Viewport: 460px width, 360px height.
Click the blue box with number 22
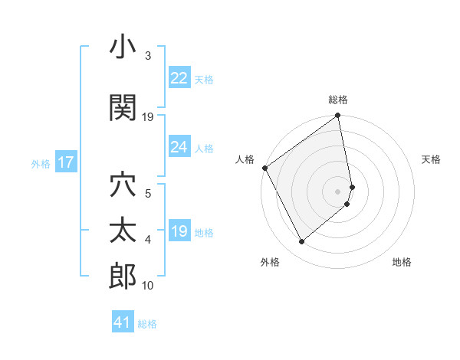(179, 78)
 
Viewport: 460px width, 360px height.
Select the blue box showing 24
(179, 147)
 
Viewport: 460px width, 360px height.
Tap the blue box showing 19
(179, 231)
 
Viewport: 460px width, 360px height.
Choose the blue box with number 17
(65, 162)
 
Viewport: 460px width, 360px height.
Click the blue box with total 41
(123, 322)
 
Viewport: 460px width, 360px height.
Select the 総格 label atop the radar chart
(338, 100)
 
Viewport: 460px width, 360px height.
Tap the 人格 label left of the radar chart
(245, 159)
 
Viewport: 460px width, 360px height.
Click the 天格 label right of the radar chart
(431, 159)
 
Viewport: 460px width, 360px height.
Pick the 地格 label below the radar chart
(402, 262)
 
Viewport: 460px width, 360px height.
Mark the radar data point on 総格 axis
(338, 116)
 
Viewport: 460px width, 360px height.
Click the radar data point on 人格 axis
(264, 168)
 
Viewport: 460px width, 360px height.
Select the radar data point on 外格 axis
(301, 242)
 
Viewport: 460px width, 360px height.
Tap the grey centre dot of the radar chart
(338, 191)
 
